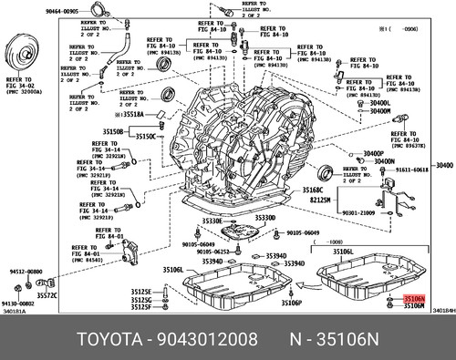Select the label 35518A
click(x=134, y=117)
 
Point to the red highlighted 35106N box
click(x=414, y=324)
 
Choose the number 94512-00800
click(x=26, y=272)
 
